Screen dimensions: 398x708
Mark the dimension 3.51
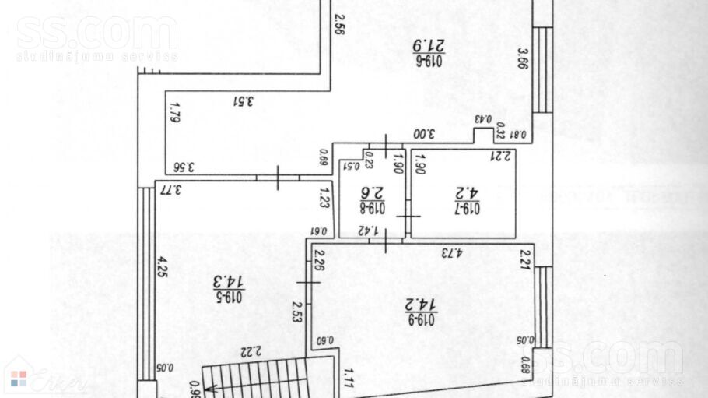(x=245, y=100)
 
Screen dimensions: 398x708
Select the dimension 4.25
(x=163, y=266)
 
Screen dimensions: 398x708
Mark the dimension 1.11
(x=349, y=378)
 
